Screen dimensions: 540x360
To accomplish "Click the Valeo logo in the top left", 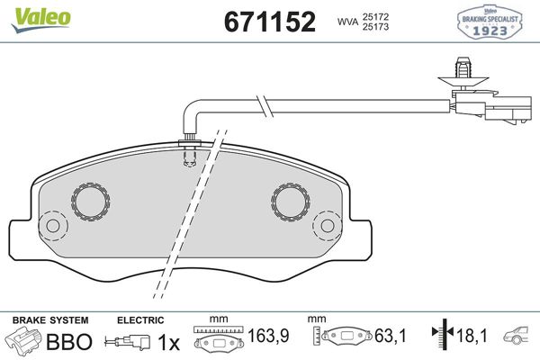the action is (41, 19).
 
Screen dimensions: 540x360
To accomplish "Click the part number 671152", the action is (270, 22).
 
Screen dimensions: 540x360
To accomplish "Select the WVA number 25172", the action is (375, 16).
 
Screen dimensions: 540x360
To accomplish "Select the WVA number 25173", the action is (375, 26).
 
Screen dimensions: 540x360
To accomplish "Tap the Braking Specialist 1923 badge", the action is (490, 22).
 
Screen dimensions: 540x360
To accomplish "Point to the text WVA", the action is (347, 22).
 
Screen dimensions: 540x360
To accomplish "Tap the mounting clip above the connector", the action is (463, 73).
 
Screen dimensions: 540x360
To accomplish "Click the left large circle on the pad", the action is (91, 202).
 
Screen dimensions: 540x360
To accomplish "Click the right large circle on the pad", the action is (291, 202).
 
